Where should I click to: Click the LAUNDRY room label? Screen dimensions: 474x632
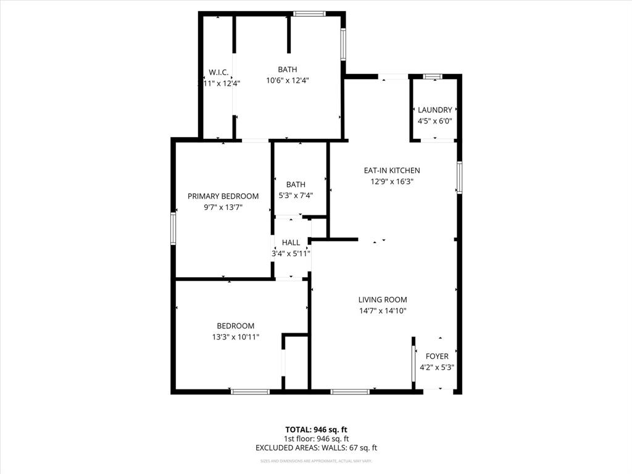[434, 110]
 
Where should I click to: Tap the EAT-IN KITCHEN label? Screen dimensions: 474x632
[395, 170]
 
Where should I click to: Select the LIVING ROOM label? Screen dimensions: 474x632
[383, 299]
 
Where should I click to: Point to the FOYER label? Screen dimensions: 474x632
[437, 356]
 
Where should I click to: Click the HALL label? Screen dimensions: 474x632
[291, 243]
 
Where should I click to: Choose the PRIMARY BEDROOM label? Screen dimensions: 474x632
[223, 196]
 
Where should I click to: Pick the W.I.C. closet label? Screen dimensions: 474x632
[218, 72]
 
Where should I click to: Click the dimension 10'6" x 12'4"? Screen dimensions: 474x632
[287, 80]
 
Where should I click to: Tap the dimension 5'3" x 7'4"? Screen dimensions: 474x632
[296, 196]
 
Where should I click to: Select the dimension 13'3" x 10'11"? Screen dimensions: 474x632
[235, 337]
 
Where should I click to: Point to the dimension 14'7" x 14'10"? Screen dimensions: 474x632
[383, 311]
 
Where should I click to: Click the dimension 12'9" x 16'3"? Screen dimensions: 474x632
[395, 181]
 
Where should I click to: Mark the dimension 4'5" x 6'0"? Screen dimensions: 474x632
[434, 121]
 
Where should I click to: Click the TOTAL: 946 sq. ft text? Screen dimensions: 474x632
[316, 429]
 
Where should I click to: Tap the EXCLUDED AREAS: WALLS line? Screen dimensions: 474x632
[316, 447]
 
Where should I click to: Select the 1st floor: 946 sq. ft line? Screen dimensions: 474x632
[316, 438]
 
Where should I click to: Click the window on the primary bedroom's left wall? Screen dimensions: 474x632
[173, 228]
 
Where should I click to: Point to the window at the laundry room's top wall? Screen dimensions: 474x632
[433, 76]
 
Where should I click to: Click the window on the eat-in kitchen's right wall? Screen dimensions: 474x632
[459, 177]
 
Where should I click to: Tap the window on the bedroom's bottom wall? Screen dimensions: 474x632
[250, 391]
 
